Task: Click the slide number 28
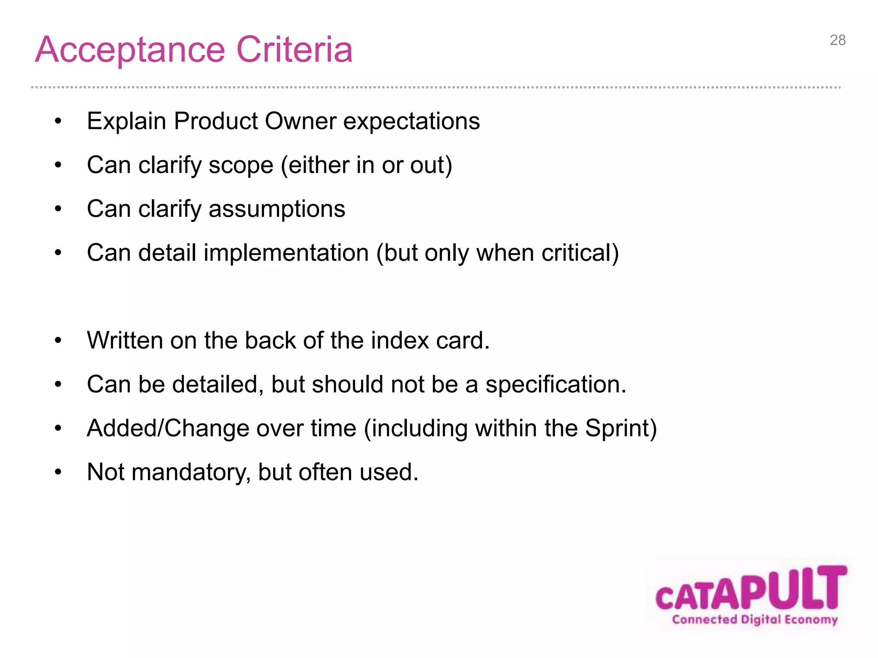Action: pyautogui.click(x=837, y=40)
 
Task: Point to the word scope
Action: pyautogui.click(x=241, y=166)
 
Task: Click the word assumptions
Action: pyautogui.click(x=277, y=210)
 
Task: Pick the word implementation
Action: pyautogui.click(x=286, y=253)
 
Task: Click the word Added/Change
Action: pyautogui.click(x=168, y=428)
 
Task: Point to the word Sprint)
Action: pyautogui.click(x=621, y=428)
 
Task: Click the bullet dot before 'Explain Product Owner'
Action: pyautogui.click(x=58, y=122)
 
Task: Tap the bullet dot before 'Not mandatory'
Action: pyautogui.click(x=58, y=473)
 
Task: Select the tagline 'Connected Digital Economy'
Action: pyautogui.click(x=755, y=620)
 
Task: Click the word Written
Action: pyautogui.click(x=125, y=341)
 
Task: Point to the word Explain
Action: pyautogui.click(x=126, y=122)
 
